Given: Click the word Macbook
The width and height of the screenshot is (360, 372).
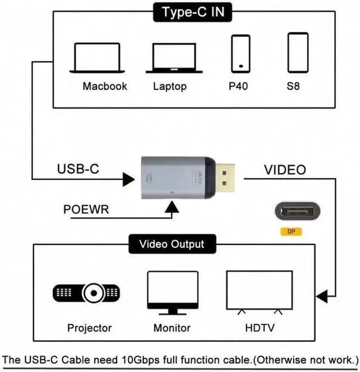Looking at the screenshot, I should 105,87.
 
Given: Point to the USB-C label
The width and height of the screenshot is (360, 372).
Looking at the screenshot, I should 78,169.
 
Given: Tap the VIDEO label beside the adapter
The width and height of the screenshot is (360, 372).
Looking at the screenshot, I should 285,169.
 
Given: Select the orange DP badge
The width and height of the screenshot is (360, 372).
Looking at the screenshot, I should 291,231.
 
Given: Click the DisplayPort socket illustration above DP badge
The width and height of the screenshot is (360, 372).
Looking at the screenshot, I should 298,212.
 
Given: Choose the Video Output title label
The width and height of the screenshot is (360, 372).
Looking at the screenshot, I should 172,245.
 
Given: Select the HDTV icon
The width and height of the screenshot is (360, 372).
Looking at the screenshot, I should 259,292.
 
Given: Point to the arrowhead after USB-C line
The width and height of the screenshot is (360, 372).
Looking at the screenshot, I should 129,180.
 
